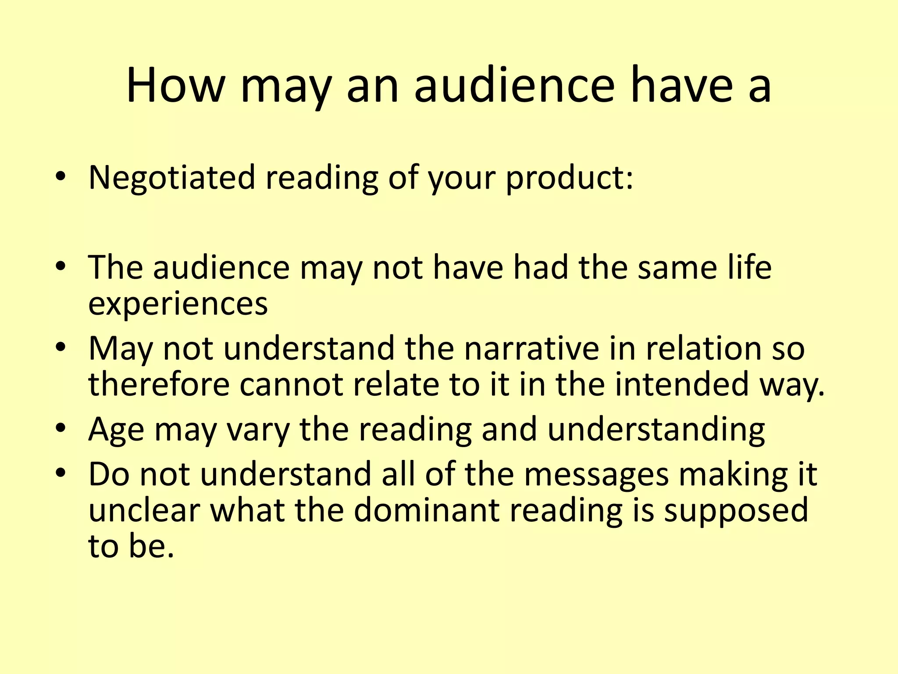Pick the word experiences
(x=178, y=304)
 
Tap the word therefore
(x=159, y=384)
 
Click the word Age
(x=116, y=430)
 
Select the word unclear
(x=144, y=510)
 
